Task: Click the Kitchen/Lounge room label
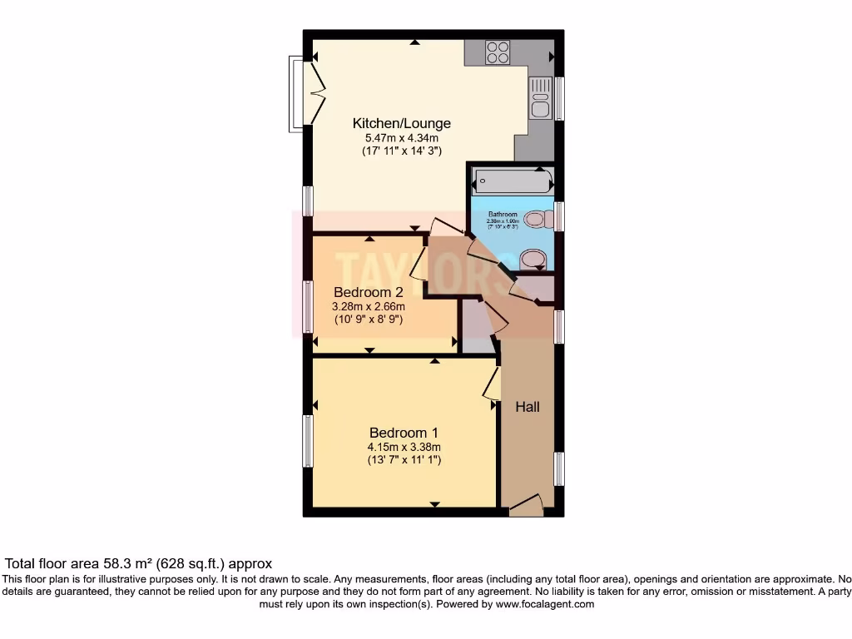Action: pyautogui.click(x=389, y=124)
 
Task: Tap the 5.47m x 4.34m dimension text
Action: pyautogui.click(x=389, y=138)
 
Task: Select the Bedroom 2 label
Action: pyautogui.click(x=368, y=292)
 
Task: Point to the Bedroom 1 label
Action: pyautogui.click(x=404, y=433)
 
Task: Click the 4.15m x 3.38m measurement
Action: pyautogui.click(x=404, y=447)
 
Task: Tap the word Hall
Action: pyautogui.click(x=528, y=407)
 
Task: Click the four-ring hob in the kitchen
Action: pyautogui.click(x=498, y=52)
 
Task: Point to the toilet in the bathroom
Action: pyautogui.click(x=539, y=220)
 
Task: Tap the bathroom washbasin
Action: pyautogui.click(x=532, y=260)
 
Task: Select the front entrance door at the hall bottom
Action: pyautogui.click(x=526, y=505)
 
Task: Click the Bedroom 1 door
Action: pyautogui.click(x=492, y=384)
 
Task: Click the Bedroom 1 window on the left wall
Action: pyautogui.click(x=308, y=440)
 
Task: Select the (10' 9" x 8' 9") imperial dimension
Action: pyautogui.click(x=368, y=319)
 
